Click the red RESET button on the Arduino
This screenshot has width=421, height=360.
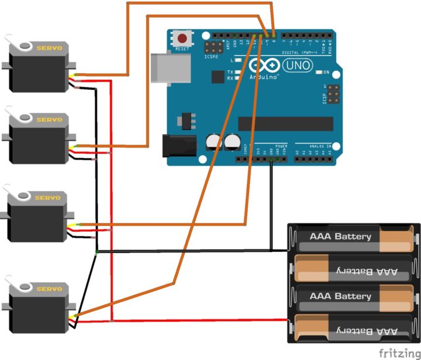[x=182, y=39]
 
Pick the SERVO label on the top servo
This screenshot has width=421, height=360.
[x=50, y=47]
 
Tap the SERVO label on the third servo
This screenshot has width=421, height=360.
[x=48, y=198]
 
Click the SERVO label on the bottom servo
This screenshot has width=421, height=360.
[x=49, y=289]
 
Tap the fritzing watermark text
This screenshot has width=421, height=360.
[x=399, y=353]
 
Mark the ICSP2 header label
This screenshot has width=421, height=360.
[x=212, y=57]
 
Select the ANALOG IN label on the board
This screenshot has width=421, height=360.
[x=320, y=145]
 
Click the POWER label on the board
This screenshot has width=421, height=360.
[x=281, y=145]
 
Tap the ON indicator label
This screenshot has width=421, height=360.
[x=326, y=73]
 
